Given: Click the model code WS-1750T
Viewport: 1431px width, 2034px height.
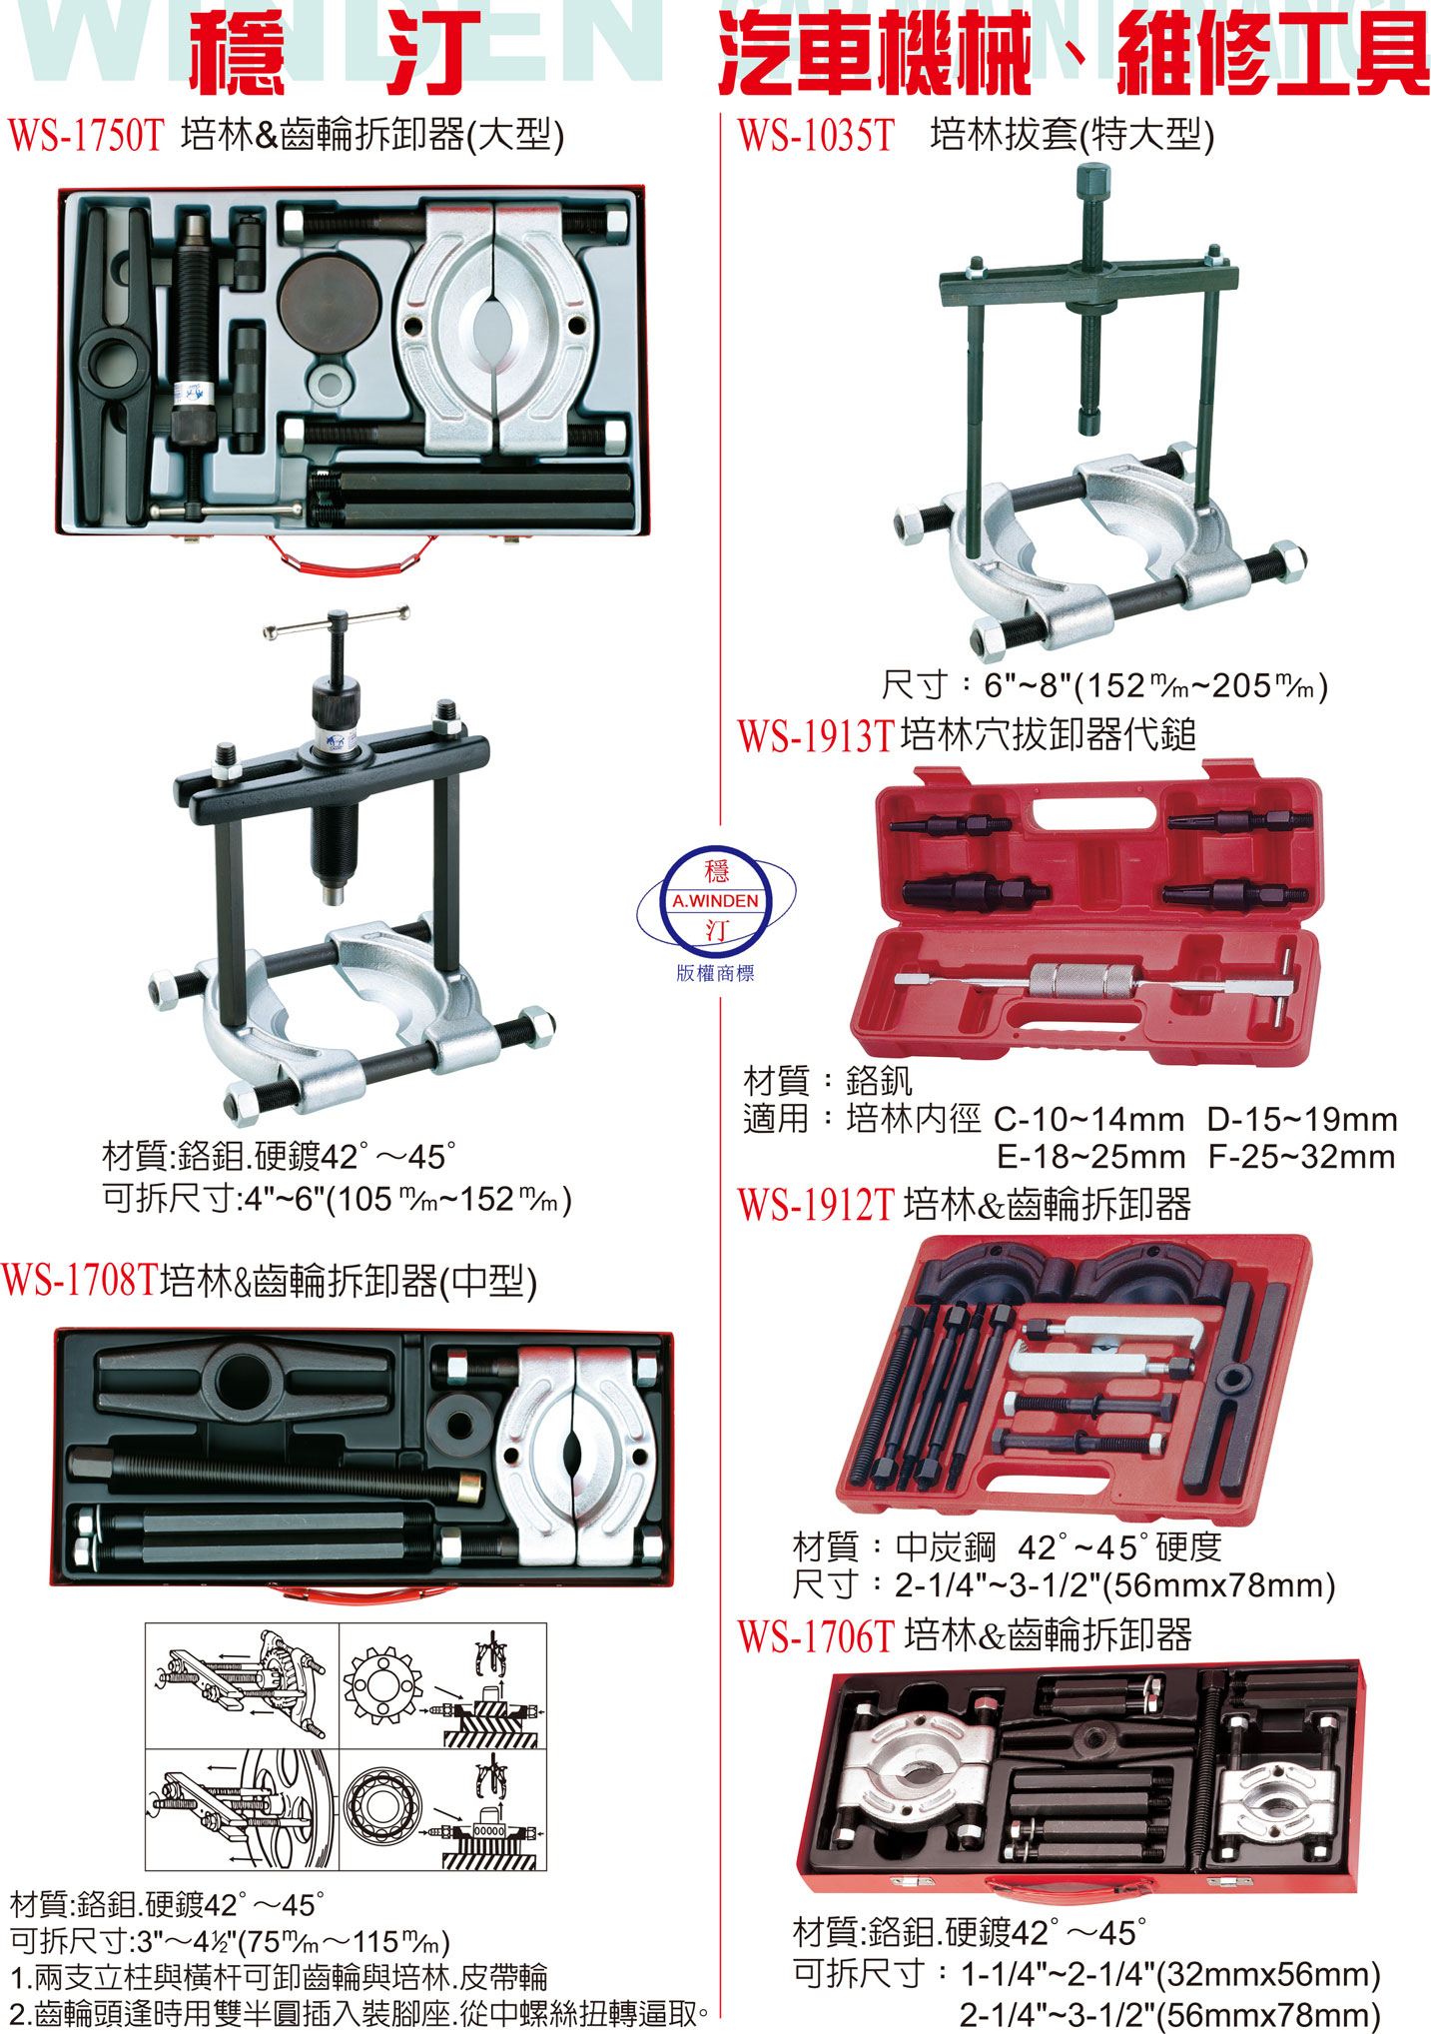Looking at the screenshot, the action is coord(85,135).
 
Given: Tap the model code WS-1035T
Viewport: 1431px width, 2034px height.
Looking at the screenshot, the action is coord(816,135).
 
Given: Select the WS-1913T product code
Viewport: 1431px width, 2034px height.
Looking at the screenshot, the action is coord(816,736).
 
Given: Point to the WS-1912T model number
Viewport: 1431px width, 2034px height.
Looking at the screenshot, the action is coord(816,1206).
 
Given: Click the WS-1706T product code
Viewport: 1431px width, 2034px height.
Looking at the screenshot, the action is coord(816,1636).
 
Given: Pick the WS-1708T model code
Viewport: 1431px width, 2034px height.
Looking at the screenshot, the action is coord(80,1280).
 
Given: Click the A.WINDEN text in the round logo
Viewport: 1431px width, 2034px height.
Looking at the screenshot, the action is coord(716,900).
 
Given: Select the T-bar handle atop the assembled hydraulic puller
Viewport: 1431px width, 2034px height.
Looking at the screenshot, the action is coord(337,620).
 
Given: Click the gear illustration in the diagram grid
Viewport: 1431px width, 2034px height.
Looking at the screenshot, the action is coord(379,1683).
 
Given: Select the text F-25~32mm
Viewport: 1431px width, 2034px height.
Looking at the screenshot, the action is coord(1302,1157).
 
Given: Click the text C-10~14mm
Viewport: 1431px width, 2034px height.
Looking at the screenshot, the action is coord(1089,1119).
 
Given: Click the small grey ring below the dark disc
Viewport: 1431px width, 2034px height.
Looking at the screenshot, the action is coord(330,380).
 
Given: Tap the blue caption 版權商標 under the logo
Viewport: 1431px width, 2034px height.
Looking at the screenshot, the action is coord(716,973).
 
